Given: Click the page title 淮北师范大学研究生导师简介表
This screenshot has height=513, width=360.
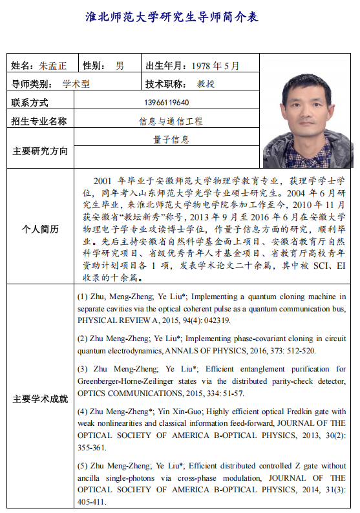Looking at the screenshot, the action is pyautogui.click(x=172, y=17).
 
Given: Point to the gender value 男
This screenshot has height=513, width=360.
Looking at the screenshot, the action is pyautogui.click(x=120, y=66).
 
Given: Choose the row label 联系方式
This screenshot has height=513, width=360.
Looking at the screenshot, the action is pyautogui.click(x=30, y=103).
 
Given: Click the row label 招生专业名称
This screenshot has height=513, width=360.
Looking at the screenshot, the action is pyautogui.click(x=39, y=121).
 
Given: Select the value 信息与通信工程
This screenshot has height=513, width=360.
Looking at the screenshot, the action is pyautogui.click(x=171, y=121).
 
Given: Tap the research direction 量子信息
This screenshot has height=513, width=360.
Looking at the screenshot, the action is pyautogui.click(x=171, y=139).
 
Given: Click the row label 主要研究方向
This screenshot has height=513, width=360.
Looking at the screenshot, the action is pyautogui.click(x=39, y=151).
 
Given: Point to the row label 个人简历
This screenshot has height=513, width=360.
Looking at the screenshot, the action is pyautogui.click(x=39, y=229).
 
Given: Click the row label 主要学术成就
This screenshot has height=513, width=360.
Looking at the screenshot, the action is pyautogui.click(x=39, y=399).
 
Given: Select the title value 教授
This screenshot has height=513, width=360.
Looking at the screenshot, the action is pyautogui.click(x=206, y=84).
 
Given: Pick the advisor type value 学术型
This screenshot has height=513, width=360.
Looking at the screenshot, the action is pyautogui.click(x=76, y=84).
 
